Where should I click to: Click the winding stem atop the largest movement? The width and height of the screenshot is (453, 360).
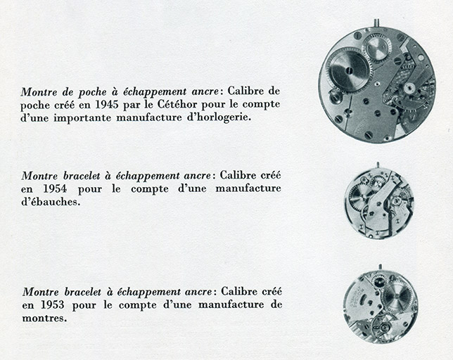point(376,23)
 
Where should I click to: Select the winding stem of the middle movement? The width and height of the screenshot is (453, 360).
point(378,166)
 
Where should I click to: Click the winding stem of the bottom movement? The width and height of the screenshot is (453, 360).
point(380,267)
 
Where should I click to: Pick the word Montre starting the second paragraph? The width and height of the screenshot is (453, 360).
point(39,175)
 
